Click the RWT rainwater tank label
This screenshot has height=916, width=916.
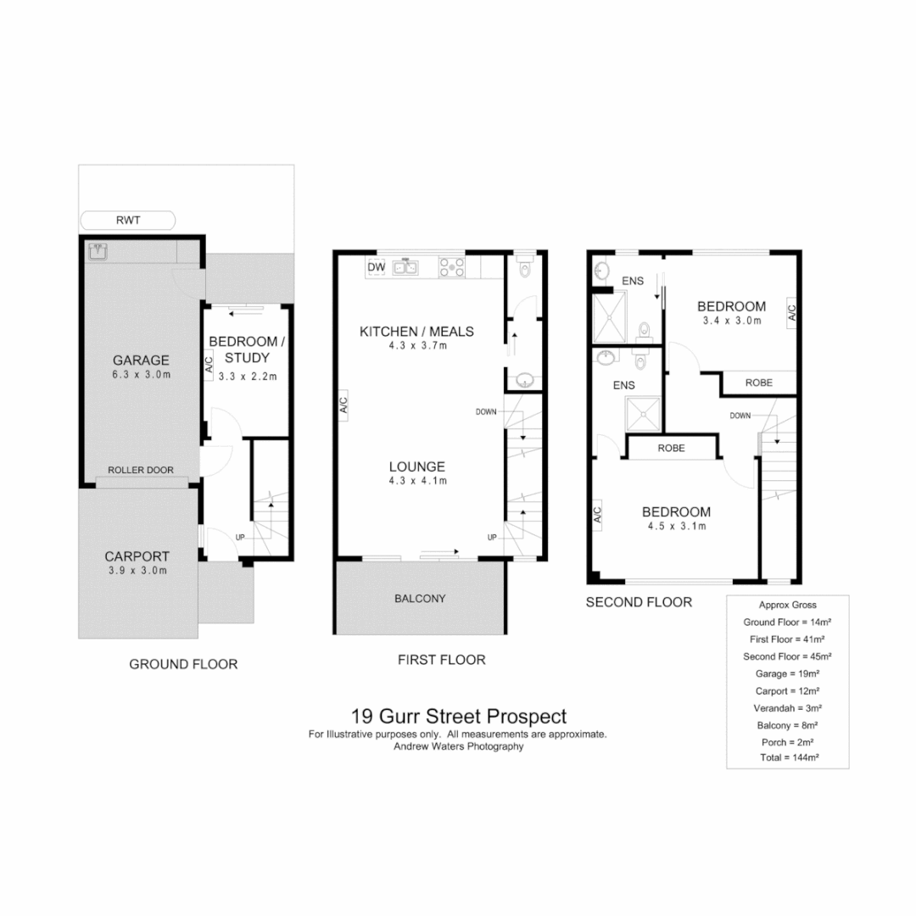pyautogui.click(x=127, y=221)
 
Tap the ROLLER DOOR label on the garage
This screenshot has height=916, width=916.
pyautogui.click(x=141, y=470)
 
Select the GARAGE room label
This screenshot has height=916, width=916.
pyautogui.click(x=141, y=360)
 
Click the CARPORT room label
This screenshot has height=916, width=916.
pyautogui.click(x=137, y=556)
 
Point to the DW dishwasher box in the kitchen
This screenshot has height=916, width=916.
pyautogui.click(x=377, y=268)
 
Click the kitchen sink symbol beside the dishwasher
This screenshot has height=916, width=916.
pyautogui.click(x=405, y=268)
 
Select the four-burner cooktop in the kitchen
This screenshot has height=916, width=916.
pyautogui.click(x=451, y=268)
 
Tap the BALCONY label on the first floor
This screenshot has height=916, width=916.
pyautogui.click(x=420, y=598)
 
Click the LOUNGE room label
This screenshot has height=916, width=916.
pyautogui.click(x=417, y=466)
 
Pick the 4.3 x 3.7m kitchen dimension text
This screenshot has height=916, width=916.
pyautogui.click(x=417, y=346)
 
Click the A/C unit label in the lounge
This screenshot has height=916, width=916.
pyautogui.click(x=343, y=405)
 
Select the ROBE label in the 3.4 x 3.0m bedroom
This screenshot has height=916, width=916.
pyautogui.click(x=758, y=383)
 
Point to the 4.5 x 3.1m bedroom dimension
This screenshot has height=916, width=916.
pyautogui.click(x=675, y=526)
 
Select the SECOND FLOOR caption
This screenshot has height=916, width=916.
pyautogui.click(x=640, y=602)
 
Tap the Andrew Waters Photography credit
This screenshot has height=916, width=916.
pyautogui.click(x=458, y=747)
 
